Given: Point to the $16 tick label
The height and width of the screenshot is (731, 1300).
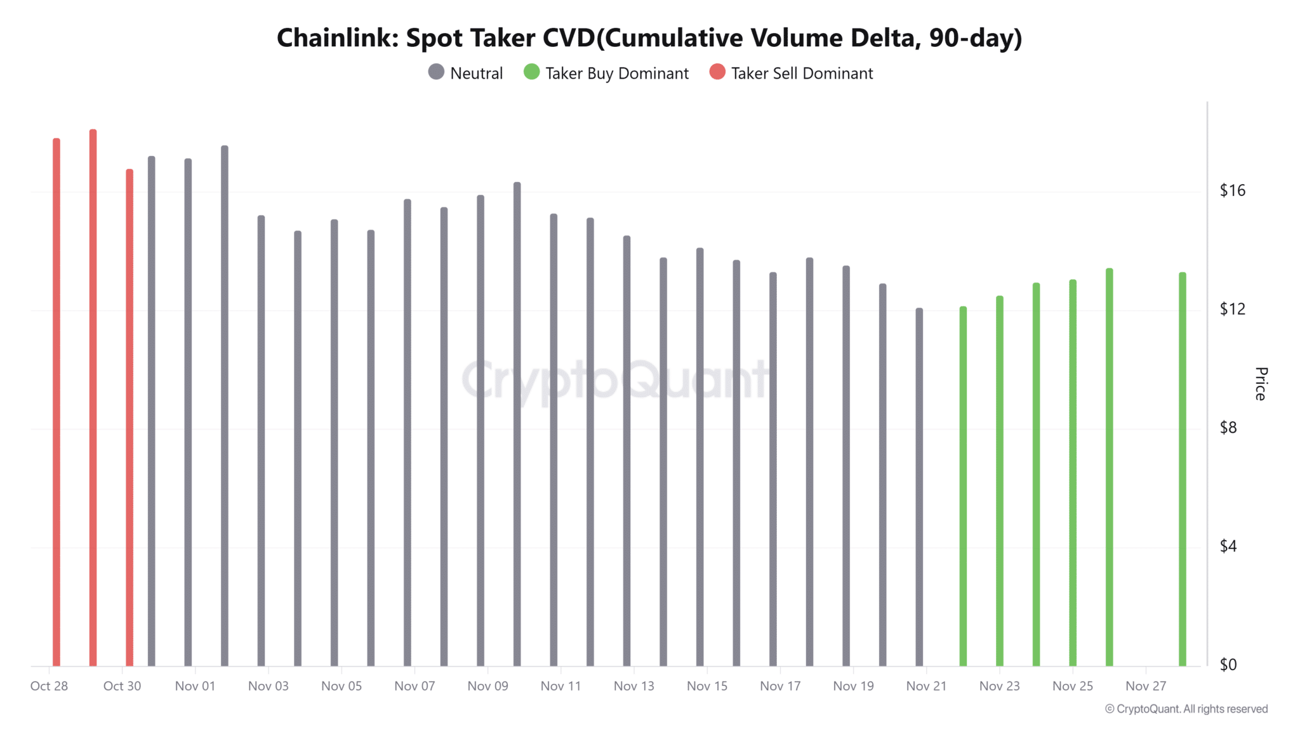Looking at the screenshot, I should click(1233, 190).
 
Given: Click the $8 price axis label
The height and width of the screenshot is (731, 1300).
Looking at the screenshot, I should click(1228, 428).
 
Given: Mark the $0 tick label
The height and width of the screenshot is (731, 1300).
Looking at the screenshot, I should click(1228, 664).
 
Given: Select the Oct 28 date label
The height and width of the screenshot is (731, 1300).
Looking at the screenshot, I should click(49, 686).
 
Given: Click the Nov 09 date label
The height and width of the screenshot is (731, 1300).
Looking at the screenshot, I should click(487, 686).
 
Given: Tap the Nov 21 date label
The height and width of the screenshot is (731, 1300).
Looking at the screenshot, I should click(926, 686).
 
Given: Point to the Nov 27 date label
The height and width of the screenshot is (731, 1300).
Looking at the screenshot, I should click(1146, 686).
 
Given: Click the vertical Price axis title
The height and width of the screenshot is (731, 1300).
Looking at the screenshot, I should click(1261, 383).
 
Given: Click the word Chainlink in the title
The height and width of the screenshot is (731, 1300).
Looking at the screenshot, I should click(337, 38).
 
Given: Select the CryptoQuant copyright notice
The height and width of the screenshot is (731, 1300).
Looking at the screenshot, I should click(1186, 709).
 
